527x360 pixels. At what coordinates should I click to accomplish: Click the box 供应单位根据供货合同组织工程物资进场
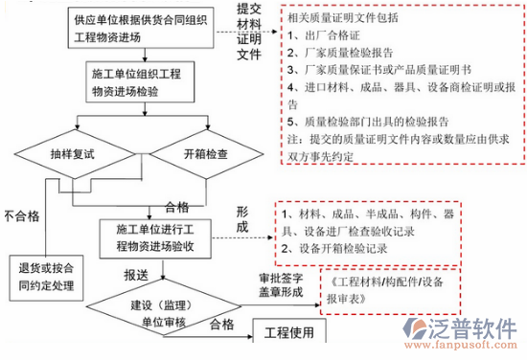click(x=136, y=27)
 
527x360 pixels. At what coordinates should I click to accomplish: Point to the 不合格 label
click(x=21, y=215)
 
